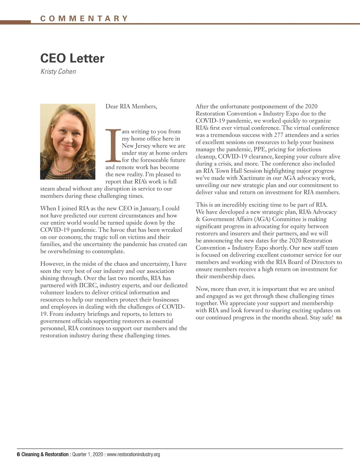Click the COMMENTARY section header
coord(84,19)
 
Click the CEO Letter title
coord(72,58)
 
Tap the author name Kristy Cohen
coord(58,72)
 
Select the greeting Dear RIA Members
coord(131,106)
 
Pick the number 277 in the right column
coord(278,135)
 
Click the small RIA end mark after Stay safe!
coord(339,318)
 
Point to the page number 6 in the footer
coord(18,454)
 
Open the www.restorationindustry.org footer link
coord(133,454)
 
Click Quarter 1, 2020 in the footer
coord(87,454)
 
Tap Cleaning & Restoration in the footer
coord(45,454)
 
